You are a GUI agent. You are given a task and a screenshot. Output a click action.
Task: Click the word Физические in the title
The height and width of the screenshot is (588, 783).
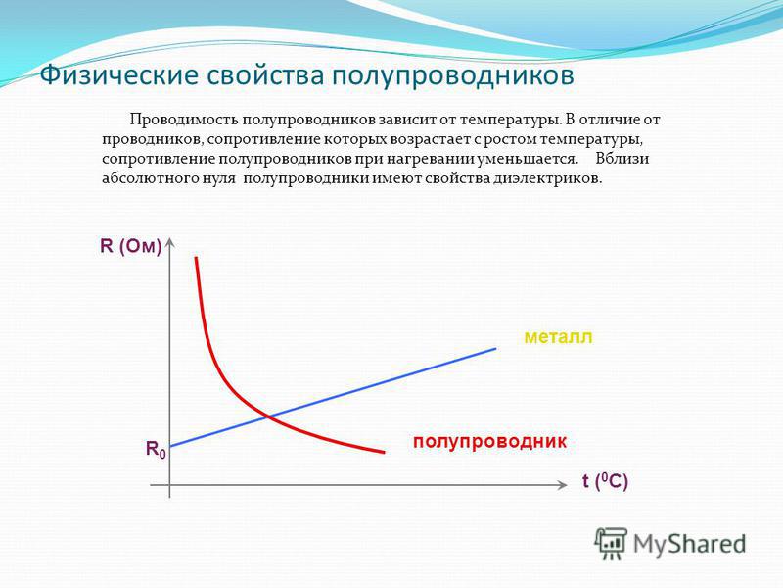point(118,76)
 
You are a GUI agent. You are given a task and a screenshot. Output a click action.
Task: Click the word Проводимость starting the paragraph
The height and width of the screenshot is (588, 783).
point(184,121)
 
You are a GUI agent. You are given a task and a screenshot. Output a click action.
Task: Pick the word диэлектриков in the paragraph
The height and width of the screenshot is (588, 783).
point(548,179)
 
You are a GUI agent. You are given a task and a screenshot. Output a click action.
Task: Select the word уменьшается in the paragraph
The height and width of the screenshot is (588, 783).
point(528,160)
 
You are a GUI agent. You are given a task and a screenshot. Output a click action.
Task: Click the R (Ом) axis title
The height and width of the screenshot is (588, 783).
point(131,247)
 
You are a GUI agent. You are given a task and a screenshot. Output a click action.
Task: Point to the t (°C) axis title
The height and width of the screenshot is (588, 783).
point(605,481)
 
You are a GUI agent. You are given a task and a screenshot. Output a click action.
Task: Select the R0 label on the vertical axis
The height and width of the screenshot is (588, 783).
point(156,450)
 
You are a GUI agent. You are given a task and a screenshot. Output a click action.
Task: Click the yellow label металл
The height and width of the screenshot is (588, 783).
point(558,337)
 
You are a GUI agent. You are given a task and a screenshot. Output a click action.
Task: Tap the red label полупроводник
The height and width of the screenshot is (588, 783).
point(490,442)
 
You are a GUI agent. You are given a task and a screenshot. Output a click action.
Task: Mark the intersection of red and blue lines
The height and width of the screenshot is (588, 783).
point(268,415)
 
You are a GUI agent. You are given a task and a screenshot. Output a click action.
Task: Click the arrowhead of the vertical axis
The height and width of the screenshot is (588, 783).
point(170,241)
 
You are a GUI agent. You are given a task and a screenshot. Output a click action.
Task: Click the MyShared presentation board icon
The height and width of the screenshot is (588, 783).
point(610,543)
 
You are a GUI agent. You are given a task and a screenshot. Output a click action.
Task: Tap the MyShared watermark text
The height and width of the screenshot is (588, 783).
point(689,544)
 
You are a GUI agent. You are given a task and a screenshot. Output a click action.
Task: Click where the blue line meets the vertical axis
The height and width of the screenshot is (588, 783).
point(170,446)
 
